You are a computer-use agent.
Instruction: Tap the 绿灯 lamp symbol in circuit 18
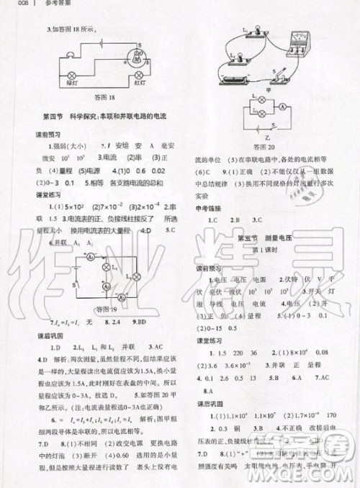click(71, 75)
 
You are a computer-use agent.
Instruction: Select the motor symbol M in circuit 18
click(139, 55)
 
